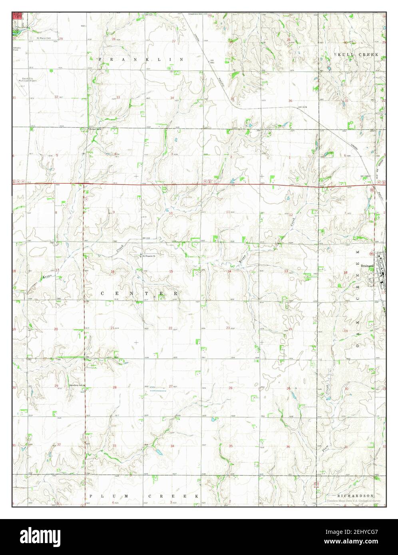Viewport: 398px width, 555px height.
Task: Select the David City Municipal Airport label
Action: click(27, 79)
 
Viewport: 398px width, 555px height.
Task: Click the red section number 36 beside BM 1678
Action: click(290, 101)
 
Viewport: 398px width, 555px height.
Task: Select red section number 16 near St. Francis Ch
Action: click(113, 272)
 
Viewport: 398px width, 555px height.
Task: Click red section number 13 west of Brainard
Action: click(286, 271)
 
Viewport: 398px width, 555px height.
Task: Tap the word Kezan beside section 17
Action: click(46, 276)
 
